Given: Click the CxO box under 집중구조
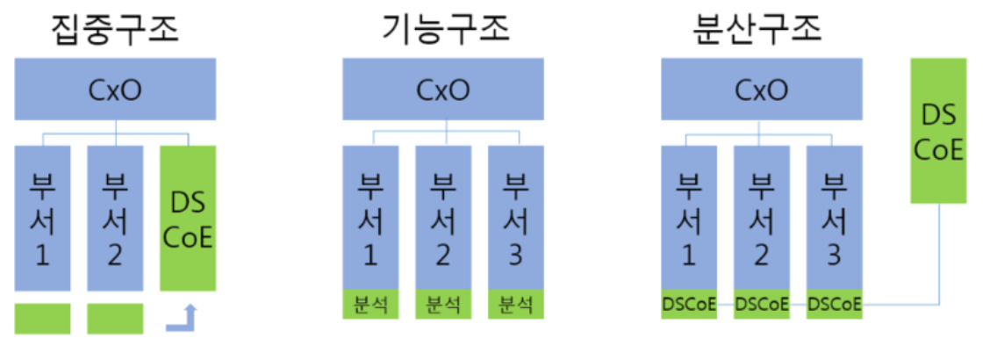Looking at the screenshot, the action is [x=115, y=89].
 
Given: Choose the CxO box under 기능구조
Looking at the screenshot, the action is [x=442, y=89].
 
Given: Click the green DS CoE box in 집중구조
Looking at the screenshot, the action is [x=188, y=218].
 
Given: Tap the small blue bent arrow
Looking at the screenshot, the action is [x=183, y=320].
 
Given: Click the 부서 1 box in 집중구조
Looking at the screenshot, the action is [x=42, y=218].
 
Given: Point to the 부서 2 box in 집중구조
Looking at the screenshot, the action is [x=115, y=218].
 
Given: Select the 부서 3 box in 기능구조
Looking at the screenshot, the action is [x=515, y=216].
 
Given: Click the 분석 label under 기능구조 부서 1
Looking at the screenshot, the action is [x=370, y=305].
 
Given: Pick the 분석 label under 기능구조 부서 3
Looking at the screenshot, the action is [x=515, y=305].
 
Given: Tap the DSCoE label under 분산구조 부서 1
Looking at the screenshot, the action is [x=689, y=305].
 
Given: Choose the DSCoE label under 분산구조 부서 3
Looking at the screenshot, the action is [x=833, y=305].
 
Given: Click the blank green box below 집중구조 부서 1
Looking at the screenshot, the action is [x=42, y=319].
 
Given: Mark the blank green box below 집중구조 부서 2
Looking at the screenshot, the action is [x=115, y=319].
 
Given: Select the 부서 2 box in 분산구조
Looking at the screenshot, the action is [x=761, y=216].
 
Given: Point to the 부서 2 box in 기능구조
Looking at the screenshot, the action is [x=442, y=216].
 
